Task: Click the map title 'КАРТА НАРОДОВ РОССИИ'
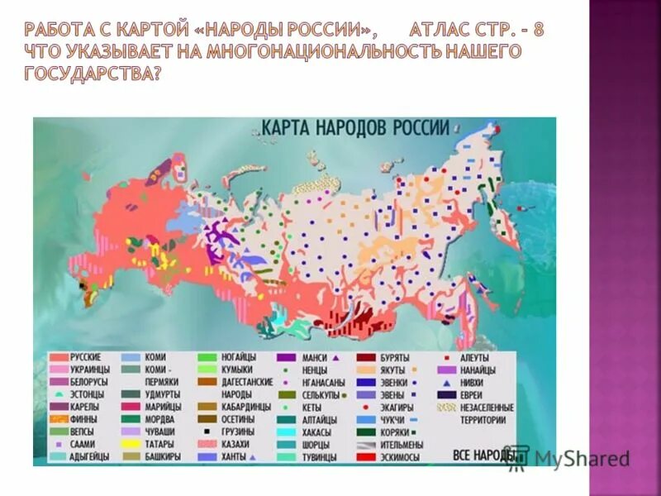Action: pyautogui.click(x=355, y=128)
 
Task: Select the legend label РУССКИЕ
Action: pyautogui.click(x=87, y=357)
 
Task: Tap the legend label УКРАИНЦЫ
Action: pyautogui.click(x=90, y=370)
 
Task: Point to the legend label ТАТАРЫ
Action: pyautogui.click(x=161, y=444)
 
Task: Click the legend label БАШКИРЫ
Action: pyautogui.click(x=163, y=456)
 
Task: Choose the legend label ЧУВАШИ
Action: pyautogui.click(x=160, y=432)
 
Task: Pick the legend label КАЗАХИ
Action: pyautogui.click(x=236, y=444)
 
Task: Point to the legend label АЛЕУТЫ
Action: pyautogui.click(x=475, y=357)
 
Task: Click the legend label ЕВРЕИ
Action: pyautogui.click(x=472, y=394)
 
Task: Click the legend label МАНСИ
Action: pyautogui.click(x=315, y=357)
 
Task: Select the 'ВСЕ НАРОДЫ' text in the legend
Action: pyautogui.click(x=482, y=455)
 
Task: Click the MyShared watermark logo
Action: pyautogui.click(x=570, y=459)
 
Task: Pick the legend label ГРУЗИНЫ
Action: pyautogui.click(x=238, y=432)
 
